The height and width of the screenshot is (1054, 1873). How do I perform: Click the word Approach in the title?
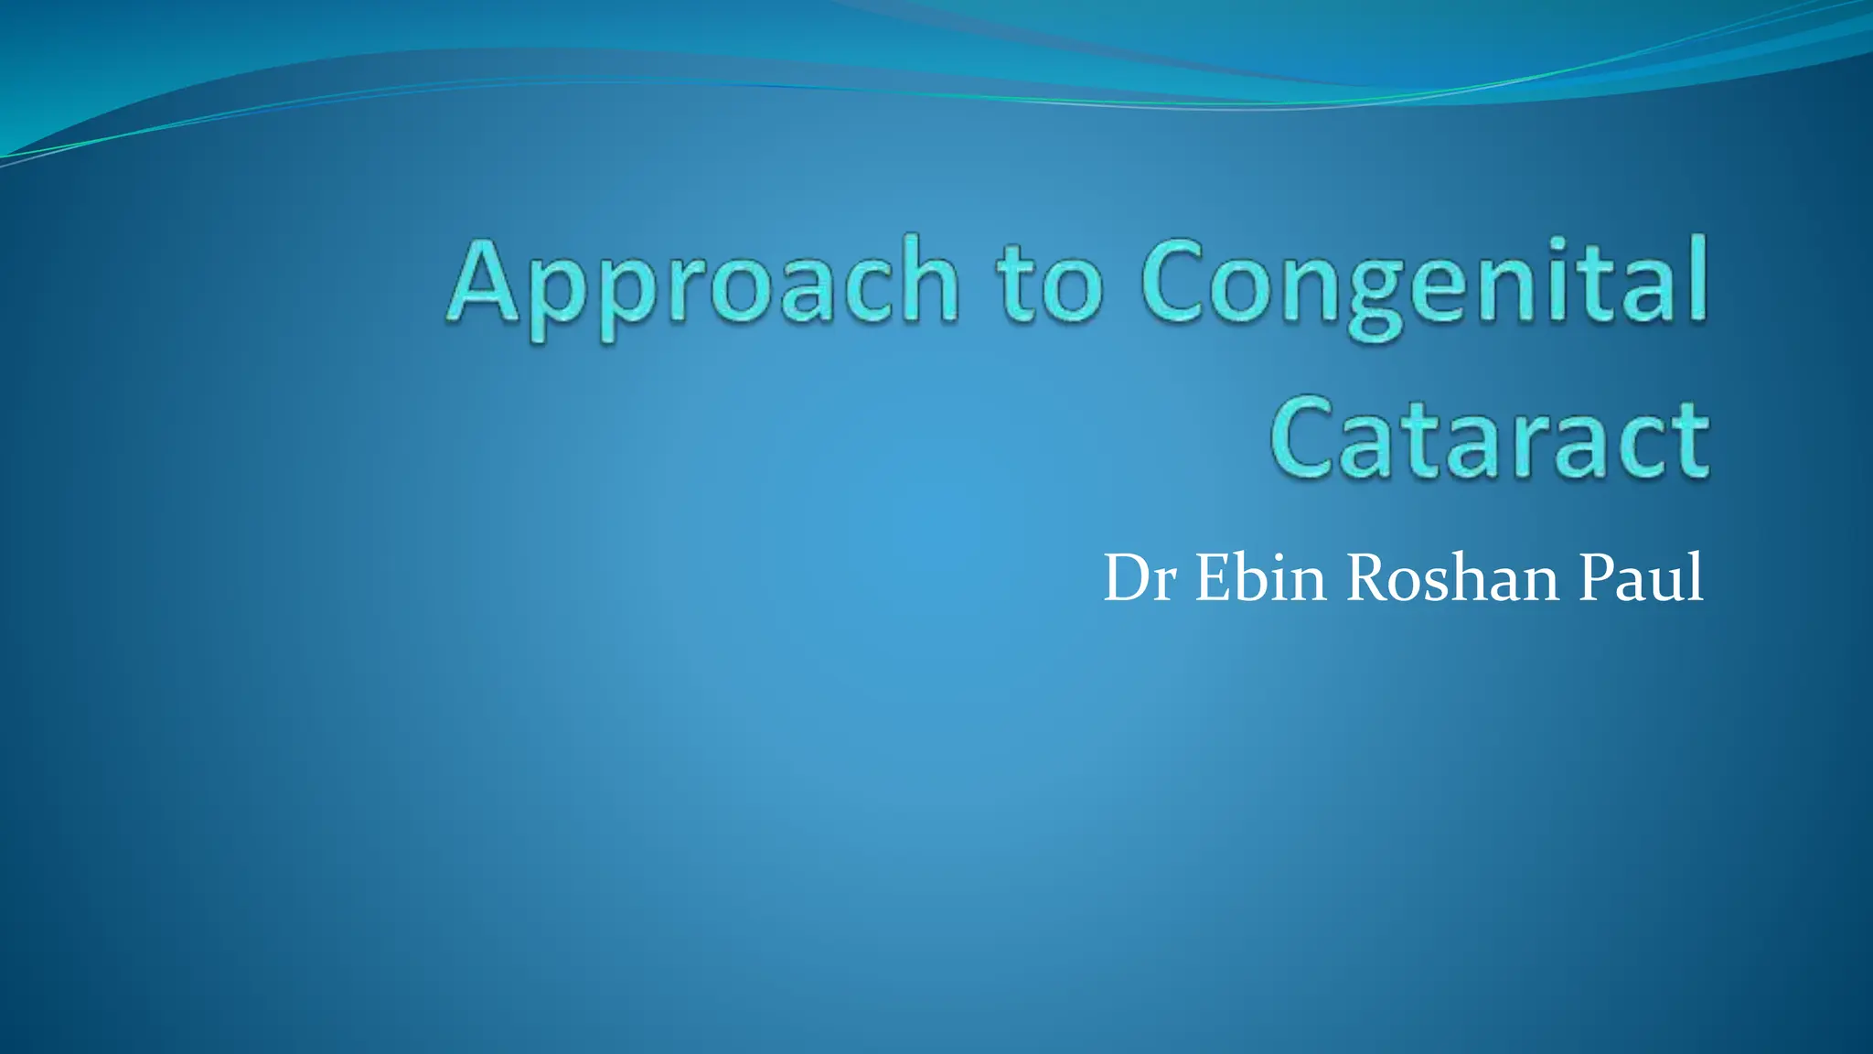click(x=703, y=283)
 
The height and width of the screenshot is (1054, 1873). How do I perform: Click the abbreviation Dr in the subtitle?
click(x=1140, y=578)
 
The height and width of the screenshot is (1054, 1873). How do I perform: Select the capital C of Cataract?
click(x=1305, y=438)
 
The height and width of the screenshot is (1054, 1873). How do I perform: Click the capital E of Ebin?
click(x=1214, y=578)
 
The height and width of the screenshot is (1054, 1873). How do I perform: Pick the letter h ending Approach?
click(x=926, y=279)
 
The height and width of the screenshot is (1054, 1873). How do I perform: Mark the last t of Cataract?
click(x=1688, y=440)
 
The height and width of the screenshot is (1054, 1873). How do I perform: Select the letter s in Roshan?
click(x=1445, y=586)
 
